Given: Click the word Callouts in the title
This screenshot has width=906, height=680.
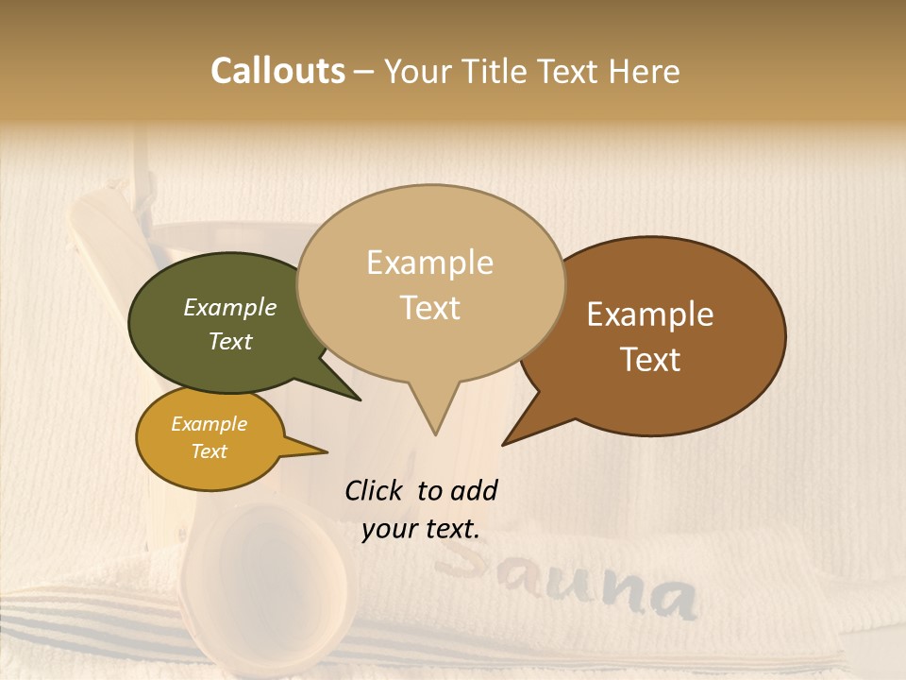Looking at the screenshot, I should [x=277, y=71].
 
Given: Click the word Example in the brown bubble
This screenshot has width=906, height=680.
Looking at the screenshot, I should [x=650, y=314].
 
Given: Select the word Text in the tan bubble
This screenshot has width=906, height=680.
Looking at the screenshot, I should [x=430, y=308].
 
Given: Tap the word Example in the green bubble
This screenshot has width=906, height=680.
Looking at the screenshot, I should [x=230, y=308].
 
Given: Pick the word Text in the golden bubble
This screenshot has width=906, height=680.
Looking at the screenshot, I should [x=210, y=451].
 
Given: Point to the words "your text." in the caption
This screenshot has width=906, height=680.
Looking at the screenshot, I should [x=421, y=530].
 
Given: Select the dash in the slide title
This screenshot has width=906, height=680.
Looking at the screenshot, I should [x=364, y=72].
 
